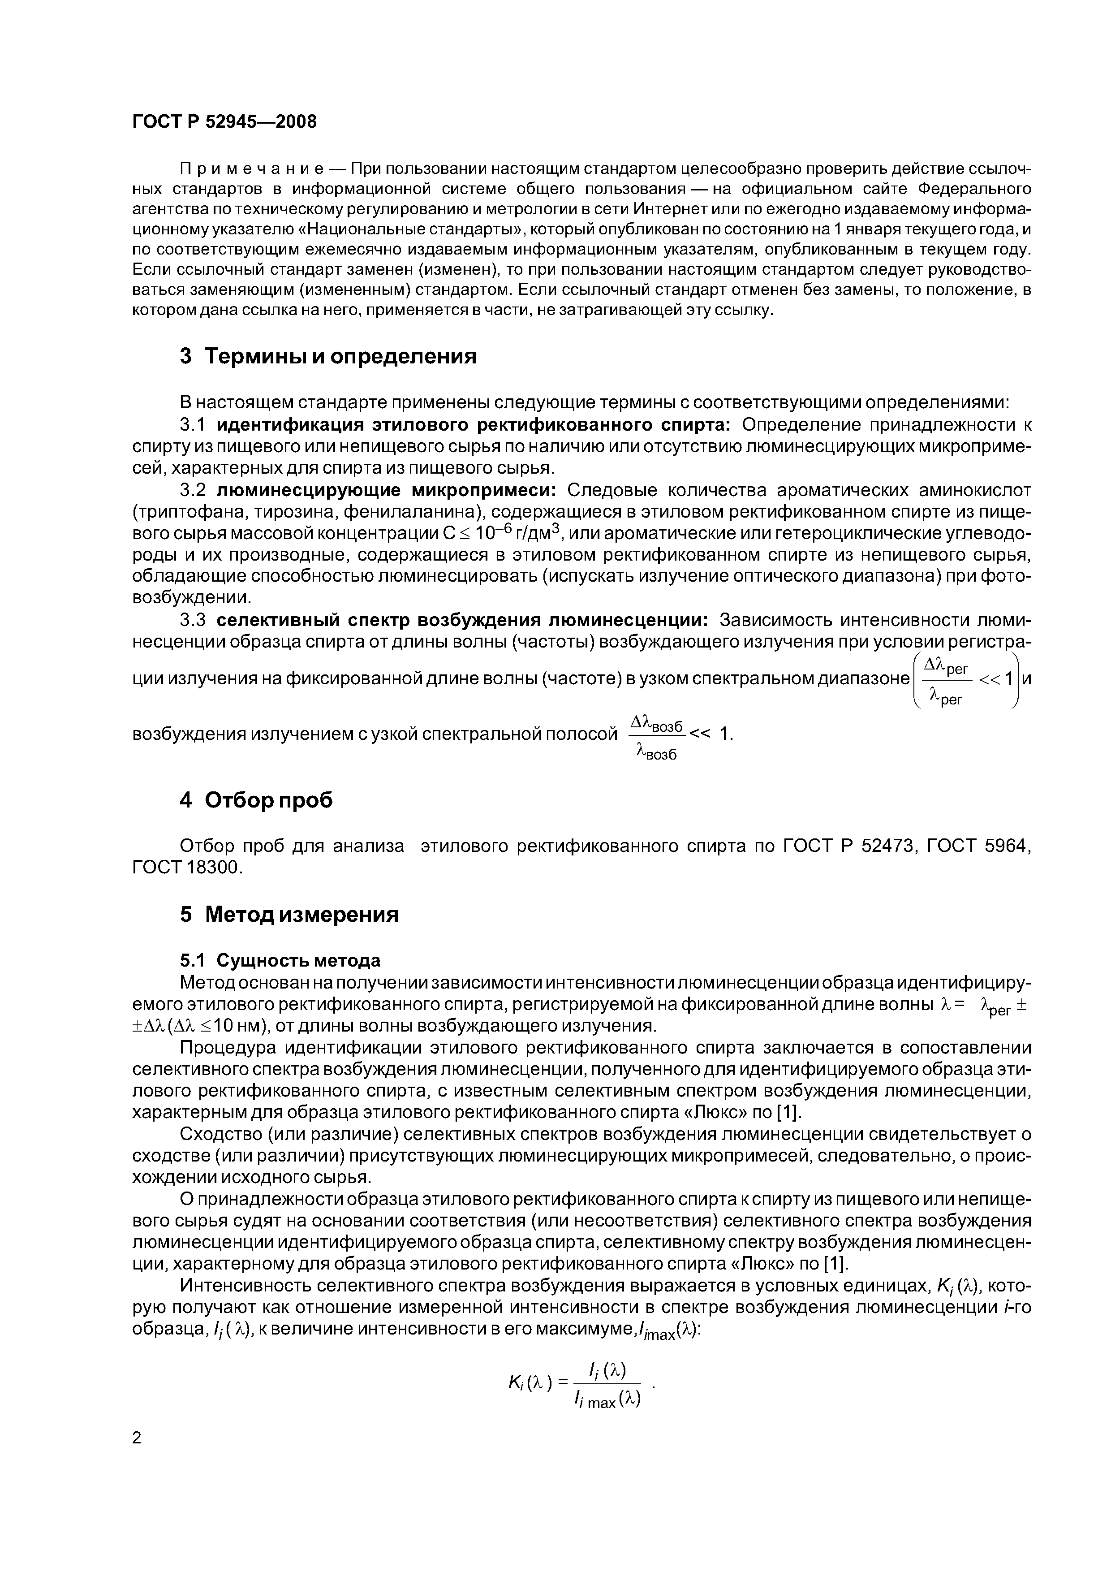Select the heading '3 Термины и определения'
point(328,357)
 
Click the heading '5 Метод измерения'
point(289,915)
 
